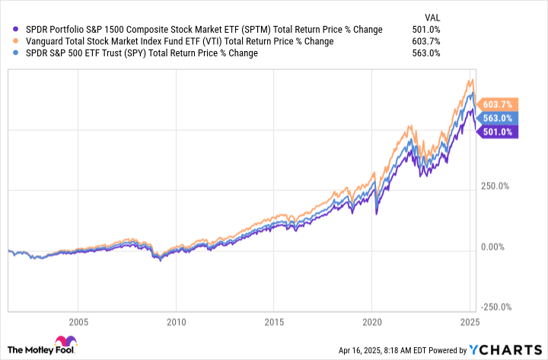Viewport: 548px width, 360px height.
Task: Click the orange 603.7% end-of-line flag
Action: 499,104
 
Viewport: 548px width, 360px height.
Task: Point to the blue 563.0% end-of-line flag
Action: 499,117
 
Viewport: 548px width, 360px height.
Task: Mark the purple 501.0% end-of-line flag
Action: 499,131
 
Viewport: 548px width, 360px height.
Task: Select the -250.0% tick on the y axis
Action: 497,307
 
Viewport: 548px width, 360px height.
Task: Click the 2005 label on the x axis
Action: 78,322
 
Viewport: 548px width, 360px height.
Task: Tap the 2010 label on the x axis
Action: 176,322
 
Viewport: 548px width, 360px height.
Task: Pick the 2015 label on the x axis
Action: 274,322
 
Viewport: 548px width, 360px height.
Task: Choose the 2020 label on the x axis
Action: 371,322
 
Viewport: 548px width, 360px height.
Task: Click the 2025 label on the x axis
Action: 469,322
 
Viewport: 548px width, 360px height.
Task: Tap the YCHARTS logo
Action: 511,349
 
